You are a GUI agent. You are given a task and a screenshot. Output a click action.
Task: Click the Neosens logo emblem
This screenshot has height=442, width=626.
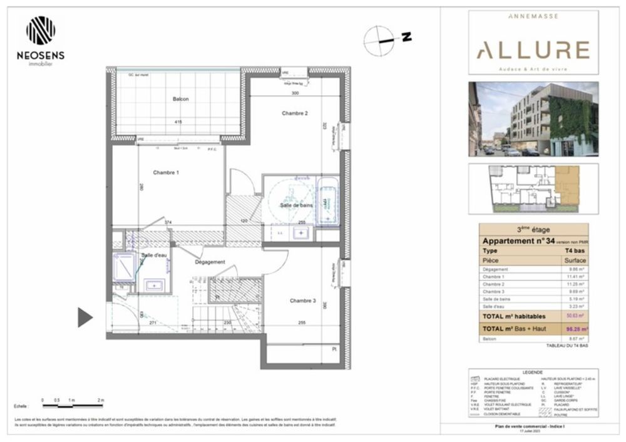pos(41,31)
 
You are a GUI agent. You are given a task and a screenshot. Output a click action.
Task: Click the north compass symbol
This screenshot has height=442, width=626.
pos(379,39)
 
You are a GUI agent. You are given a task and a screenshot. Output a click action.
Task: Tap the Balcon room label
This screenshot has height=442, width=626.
pos(181,99)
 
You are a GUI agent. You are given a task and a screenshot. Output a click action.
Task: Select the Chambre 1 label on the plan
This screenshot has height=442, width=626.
pos(167,172)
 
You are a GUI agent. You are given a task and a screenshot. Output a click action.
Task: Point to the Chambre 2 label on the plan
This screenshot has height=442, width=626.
pos(295,113)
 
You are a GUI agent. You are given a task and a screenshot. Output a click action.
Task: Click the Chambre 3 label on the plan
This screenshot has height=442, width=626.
pos(302,301)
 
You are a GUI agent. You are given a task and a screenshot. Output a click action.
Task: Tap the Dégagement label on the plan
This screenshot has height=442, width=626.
pos(210,262)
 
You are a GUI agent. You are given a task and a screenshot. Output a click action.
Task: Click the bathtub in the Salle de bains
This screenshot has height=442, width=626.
pos(326,202)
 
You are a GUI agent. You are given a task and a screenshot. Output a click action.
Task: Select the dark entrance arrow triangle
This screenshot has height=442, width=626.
pos(85,317)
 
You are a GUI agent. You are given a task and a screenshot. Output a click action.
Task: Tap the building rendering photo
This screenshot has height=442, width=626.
pos(533,119)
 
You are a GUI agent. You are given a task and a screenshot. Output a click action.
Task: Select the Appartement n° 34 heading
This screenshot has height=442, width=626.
pos(518,241)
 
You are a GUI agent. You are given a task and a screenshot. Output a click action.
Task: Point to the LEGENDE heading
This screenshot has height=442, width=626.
pos(533,373)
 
